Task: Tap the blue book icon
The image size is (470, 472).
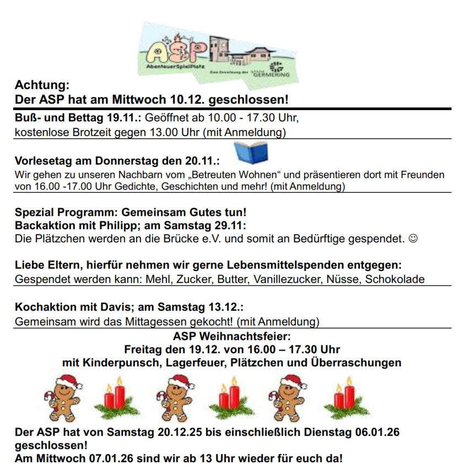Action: (251, 153)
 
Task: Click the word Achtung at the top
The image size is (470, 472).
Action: (42, 85)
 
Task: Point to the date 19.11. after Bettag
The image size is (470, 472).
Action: (125, 118)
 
